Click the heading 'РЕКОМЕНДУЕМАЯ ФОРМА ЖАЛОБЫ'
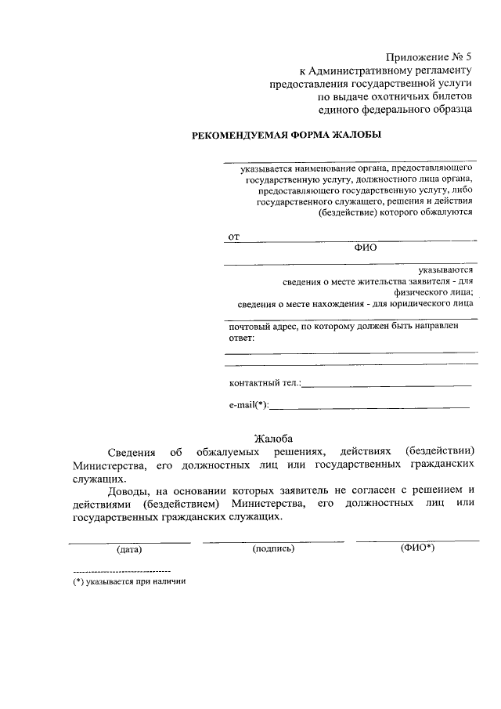pos(287,135)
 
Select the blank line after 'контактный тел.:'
pos(387,385)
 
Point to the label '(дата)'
pos(128,549)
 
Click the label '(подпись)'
pos(273,548)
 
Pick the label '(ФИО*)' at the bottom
pos(417,548)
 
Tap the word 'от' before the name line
pos(233,236)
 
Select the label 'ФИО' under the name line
pos(366,247)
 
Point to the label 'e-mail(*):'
pos(248,405)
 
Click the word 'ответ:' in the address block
pos(242,338)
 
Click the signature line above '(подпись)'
pos(272,541)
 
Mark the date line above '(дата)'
pos(129,542)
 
